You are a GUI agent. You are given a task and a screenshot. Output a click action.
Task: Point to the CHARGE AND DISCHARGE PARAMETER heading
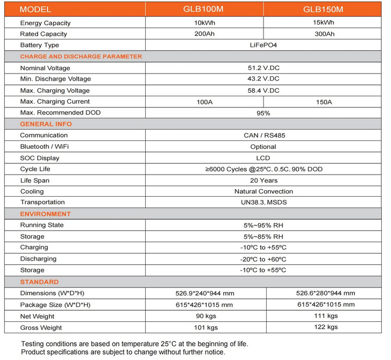(81, 56)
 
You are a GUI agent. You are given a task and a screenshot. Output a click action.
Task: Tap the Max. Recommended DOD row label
(60, 113)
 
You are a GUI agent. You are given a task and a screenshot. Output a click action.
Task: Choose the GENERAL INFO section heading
(46, 124)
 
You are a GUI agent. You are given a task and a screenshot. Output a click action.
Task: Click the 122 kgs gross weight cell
(325, 327)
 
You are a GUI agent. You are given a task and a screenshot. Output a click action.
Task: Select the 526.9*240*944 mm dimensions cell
(205, 293)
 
